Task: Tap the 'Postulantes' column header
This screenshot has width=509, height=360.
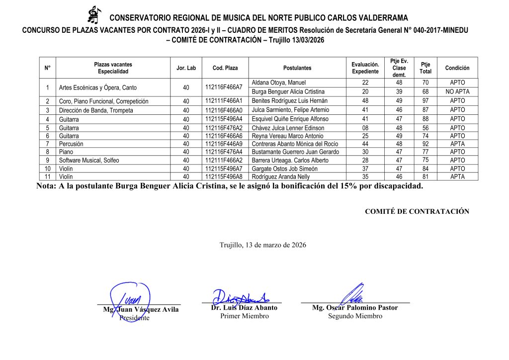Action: click(297, 68)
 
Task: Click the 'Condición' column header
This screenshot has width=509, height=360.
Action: click(457, 68)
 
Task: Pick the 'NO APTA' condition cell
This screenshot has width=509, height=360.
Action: click(457, 92)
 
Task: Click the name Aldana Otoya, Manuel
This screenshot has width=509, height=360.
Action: click(279, 83)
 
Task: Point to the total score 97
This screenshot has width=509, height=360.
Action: click(425, 101)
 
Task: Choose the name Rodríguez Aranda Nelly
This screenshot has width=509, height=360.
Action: click(281, 177)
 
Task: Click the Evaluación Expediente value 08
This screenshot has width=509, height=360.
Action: click(365, 128)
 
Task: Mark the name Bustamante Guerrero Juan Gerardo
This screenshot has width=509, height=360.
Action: click(295, 152)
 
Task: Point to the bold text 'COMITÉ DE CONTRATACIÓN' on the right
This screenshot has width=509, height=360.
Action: click(417, 211)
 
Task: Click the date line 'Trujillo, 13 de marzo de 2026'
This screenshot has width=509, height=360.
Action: click(263, 245)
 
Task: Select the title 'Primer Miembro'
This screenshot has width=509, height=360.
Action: click(244, 316)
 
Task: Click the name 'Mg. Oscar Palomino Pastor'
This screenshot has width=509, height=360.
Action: click(355, 308)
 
